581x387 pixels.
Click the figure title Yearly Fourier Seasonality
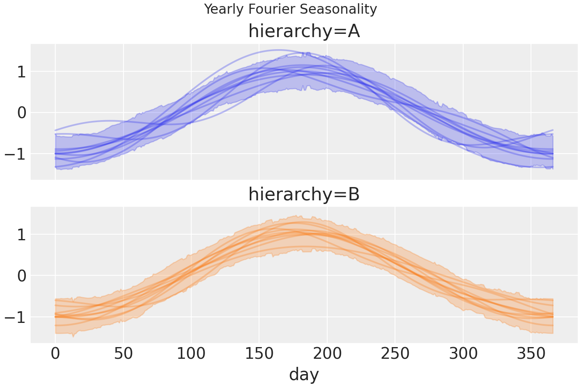point(290,9)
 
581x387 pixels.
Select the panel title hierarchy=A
point(304,31)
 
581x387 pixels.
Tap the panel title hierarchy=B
point(304,194)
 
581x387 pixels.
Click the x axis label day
point(304,374)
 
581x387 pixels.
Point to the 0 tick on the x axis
point(55,354)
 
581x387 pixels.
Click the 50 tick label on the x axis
point(123,354)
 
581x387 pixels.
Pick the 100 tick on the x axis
point(191,354)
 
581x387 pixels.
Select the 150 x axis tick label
point(259,354)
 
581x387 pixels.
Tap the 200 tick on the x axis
point(327,354)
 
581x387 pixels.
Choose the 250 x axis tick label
point(395,354)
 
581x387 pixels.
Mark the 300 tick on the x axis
point(463,354)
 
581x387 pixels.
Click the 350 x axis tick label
point(531,354)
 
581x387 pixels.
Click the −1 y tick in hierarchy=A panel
point(15,154)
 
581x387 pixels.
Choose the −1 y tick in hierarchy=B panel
point(15,317)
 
